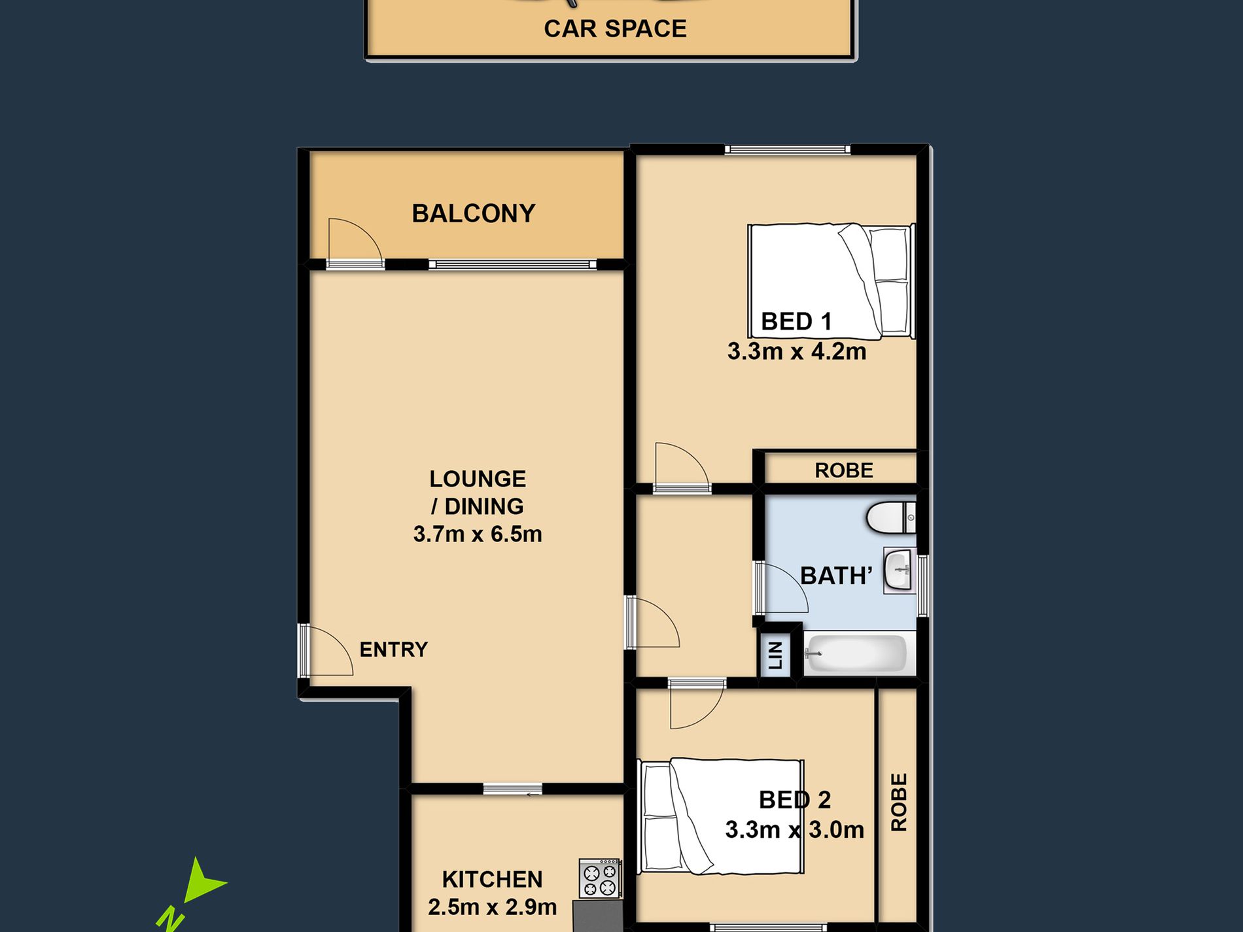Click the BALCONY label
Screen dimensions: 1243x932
(x=473, y=213)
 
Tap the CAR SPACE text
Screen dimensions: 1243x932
(x=615, y=29)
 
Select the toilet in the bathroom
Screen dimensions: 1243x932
(x=890, y=518)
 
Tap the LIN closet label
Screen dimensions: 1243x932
(x=775, y=655)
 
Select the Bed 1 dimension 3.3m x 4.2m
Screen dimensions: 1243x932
(x=797, y=351)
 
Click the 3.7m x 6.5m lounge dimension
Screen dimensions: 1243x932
(x=478, y=534)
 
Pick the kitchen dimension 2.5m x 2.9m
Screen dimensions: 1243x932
(x=493, y=907)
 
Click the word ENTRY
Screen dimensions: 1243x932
(x=394, y=649)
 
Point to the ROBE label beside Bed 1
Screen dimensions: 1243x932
(x=844, y=470)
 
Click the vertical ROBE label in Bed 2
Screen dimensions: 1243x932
(x=900, y=803)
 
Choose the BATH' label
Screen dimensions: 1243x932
(x=836, y=576)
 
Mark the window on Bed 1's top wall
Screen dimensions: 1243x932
(x=787, y=150)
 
